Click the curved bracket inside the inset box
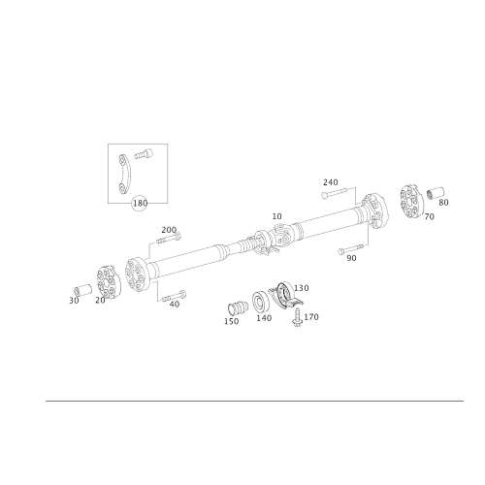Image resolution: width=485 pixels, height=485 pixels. [x=122, y=174]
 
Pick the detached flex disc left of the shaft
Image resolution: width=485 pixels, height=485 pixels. [x=106, y=282]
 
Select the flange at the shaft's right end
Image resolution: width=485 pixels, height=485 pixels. [x=371, y=213]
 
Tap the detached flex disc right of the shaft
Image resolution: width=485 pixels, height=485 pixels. [x=410, y=202]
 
